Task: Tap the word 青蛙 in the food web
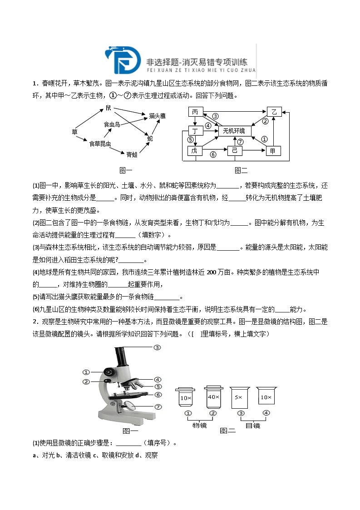pos(132,154)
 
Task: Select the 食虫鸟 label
pos(112,124)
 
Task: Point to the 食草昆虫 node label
pos(100,144)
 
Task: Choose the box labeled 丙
pos(195,112)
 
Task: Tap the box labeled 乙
pos(273,112)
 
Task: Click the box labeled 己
pos(235,151)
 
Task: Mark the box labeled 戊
pos(195,151)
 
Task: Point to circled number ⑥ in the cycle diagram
pos(213,155)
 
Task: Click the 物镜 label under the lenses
pos(200,426)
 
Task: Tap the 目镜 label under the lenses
pos(253,426)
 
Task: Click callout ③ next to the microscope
pos(157,347)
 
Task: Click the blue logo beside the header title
pos(121,59)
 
